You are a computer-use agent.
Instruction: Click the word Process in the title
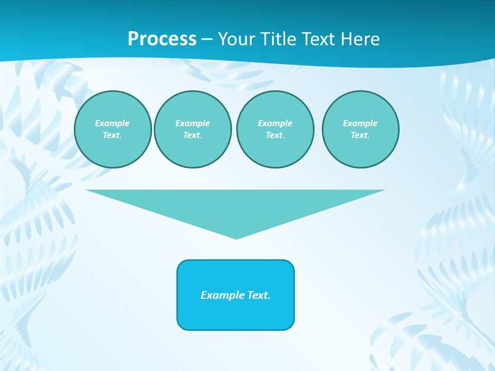[162, 39]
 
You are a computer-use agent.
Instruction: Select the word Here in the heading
[359, 39]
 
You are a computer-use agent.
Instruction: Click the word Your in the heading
[235, 39]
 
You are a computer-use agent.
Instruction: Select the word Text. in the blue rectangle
[259, 295]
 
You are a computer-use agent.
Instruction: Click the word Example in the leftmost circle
[112, 123]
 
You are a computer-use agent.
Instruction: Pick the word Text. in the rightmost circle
[360, 135]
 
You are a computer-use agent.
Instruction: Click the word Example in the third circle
[275, 123]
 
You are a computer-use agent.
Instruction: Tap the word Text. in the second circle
[192, 135]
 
